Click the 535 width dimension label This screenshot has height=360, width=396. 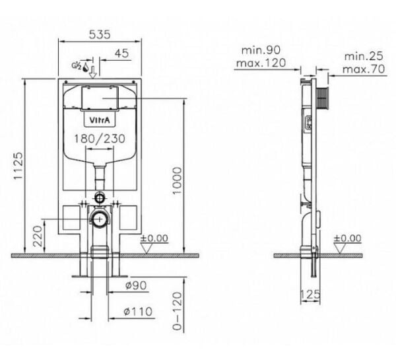pos(100,34)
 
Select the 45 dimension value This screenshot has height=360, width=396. pos(121,54)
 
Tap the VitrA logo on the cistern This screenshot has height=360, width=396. pos(100,120)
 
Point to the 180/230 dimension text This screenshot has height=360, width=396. pos(100,139)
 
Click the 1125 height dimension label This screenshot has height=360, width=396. pos(18,166)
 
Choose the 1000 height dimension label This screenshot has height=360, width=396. pos(177,180)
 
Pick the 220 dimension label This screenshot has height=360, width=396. pos(38,236)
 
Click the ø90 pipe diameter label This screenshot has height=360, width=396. pos(136,285)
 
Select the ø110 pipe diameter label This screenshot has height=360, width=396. pos(138,312)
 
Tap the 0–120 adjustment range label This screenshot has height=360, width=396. pos(178,311)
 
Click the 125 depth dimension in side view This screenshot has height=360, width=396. pos(310,294)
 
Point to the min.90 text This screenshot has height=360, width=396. pos(261,50)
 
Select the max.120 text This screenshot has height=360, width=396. pos(261,63)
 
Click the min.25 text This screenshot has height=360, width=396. pos(364,56)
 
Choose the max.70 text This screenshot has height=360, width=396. pos(364,69)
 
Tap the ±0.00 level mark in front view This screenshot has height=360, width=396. pos(154,238)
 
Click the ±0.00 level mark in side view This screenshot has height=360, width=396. pos(348,238)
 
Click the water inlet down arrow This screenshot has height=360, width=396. pos(93,72)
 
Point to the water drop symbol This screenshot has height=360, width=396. pos(86,67)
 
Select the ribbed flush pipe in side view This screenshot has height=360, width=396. pos(322,98)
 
